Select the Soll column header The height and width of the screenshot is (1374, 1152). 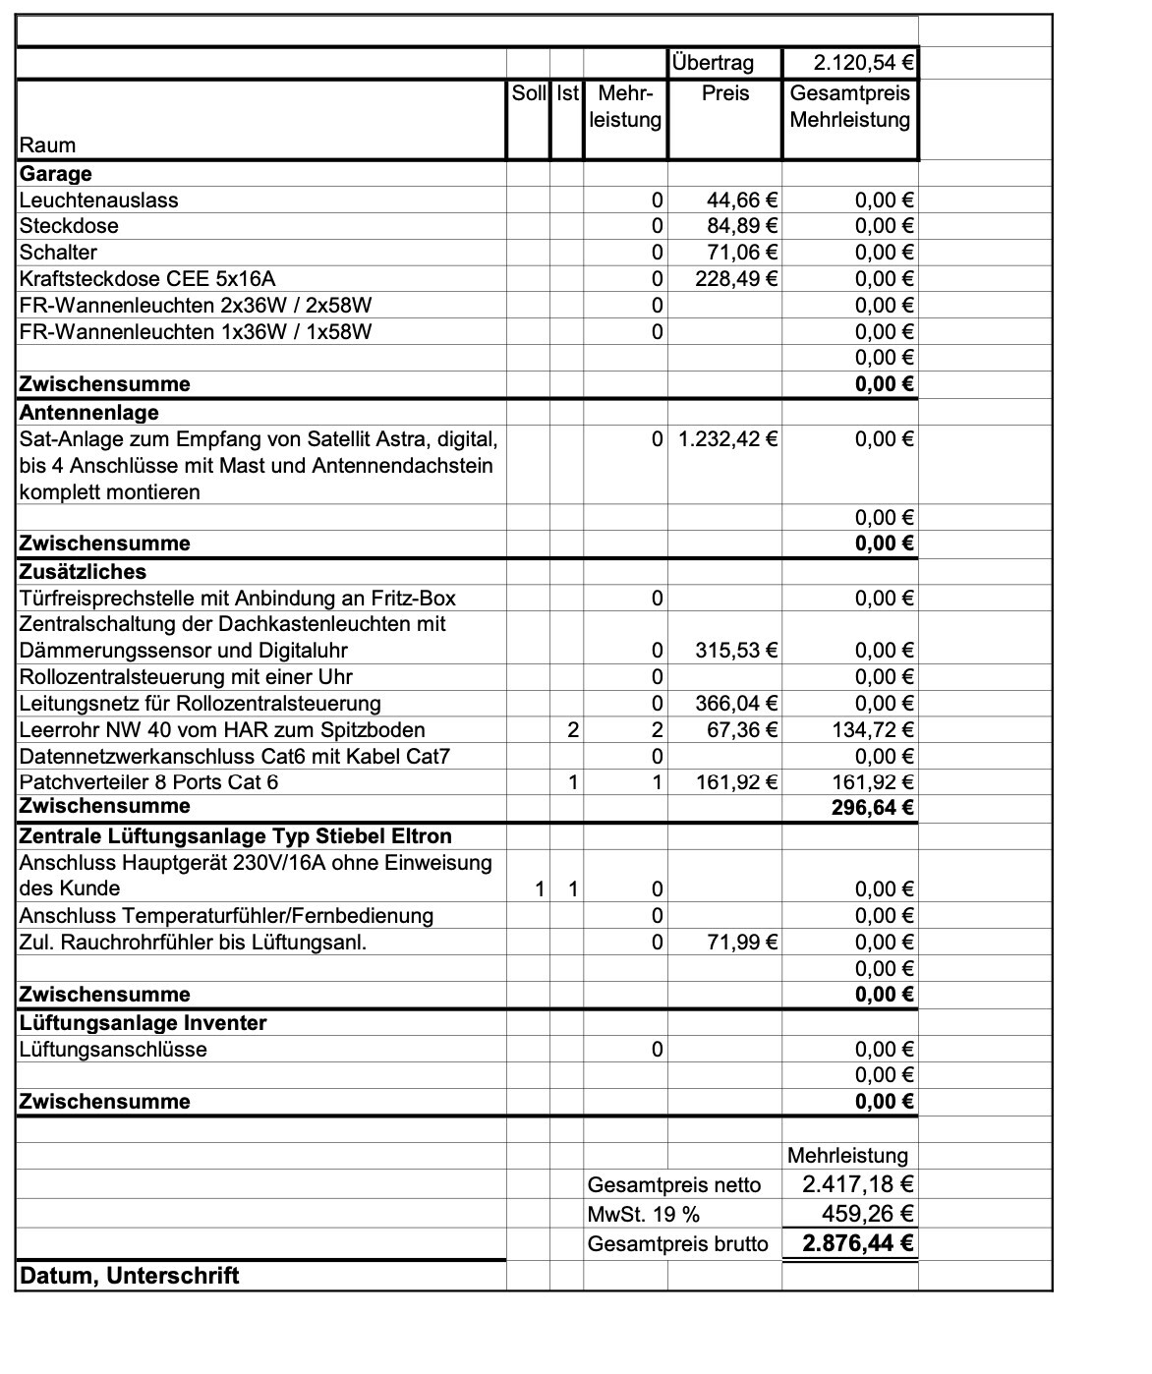529,94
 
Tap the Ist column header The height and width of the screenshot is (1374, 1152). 567,94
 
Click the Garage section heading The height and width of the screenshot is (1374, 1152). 56,174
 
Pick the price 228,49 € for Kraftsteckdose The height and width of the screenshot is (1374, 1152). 737,279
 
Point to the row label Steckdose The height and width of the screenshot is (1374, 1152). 69,226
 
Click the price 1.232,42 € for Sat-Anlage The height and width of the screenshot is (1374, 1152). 728,439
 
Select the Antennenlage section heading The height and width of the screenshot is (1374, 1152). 88,413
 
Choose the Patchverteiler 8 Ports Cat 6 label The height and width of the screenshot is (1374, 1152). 148,782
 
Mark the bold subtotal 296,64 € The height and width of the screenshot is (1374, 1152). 873,809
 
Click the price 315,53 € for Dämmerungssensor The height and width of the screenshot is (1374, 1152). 737,651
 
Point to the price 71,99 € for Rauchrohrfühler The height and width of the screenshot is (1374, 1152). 743,943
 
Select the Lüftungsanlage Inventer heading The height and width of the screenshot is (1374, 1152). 143,1023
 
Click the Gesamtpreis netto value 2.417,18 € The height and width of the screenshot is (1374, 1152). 858,1184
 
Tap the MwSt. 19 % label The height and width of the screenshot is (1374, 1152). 644,1215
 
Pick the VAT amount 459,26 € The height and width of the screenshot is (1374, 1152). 868,1215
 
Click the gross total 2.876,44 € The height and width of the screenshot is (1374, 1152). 858,1244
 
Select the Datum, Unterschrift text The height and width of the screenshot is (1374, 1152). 129,1277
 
